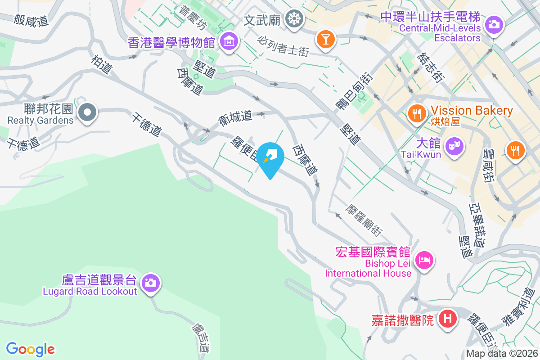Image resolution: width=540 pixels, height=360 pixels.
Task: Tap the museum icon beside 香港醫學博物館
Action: [229, 41]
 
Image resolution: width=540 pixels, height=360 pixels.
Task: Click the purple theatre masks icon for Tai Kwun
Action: [454, 146]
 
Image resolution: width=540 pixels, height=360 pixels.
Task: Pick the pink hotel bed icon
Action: [424, 260]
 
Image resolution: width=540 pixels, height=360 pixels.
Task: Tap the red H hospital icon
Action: [448, 319]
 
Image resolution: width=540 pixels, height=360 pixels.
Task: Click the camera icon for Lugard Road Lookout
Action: [150, 283]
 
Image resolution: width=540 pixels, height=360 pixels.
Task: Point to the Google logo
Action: [31, 349]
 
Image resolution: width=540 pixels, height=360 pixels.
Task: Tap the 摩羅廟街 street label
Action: [364, 220]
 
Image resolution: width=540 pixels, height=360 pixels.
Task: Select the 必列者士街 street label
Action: [283, 46]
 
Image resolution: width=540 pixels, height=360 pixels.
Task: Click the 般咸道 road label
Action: [31, 19]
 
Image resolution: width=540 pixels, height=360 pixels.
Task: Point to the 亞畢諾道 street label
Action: [477, 224]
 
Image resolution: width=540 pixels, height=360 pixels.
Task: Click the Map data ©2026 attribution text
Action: [502, 354]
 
